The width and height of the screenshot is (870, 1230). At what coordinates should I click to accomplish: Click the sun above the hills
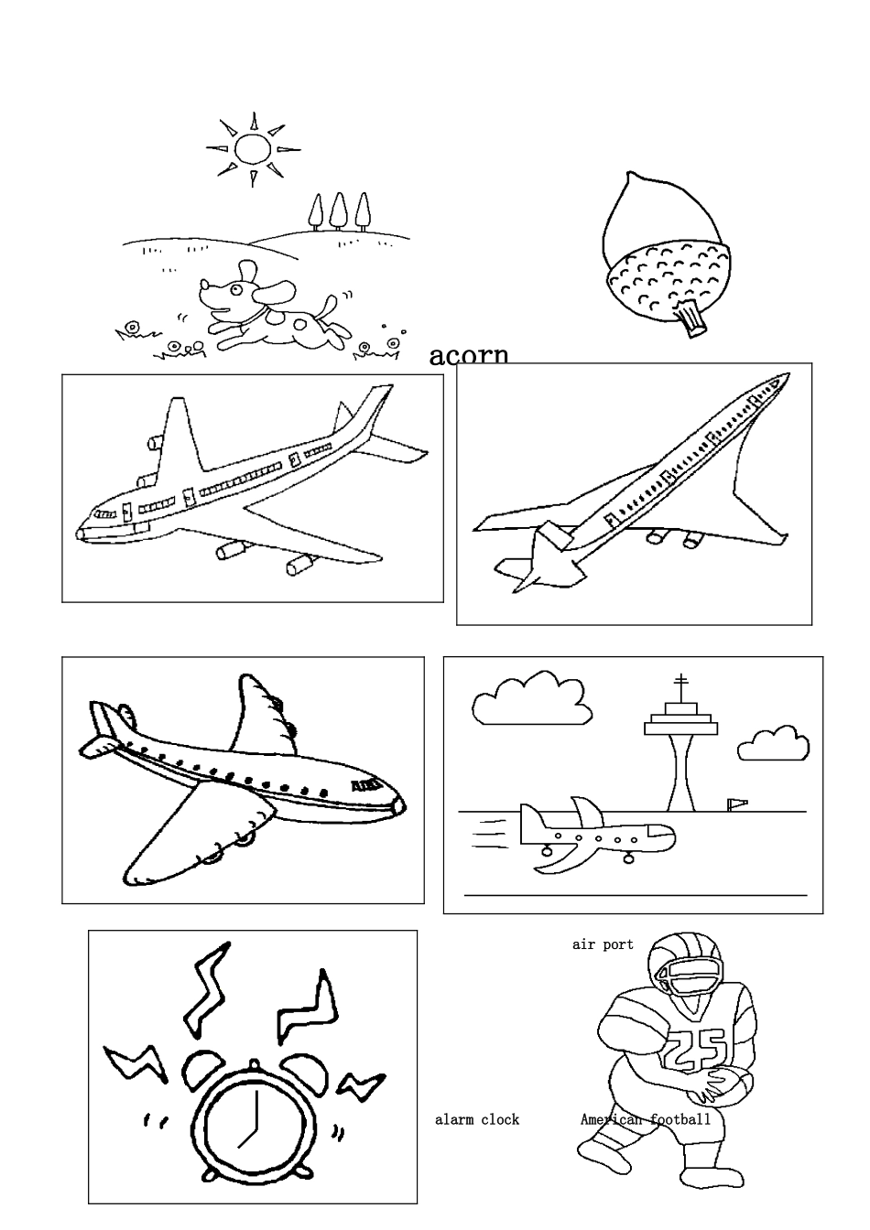pyautogui.click(x=252, y=148)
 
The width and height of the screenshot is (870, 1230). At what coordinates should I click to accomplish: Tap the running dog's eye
pyautogui.click(x=235, y=290)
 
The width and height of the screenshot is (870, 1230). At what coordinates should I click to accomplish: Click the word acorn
pyautogui.click(x=469, y=354)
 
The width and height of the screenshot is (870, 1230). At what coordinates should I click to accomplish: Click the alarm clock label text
pyautogui.click(x=476, y=1119)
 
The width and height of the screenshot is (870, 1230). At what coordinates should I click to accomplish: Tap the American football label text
pyautogui.click(x=646, y=1119)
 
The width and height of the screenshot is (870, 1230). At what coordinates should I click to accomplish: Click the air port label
pyautogui.click(x=603, y=944)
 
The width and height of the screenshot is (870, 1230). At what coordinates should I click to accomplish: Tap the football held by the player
pyautogui.click(x=725, y=1085)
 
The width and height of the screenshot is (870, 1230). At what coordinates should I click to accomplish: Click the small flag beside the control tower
pyautogui.click(x=736, y=804)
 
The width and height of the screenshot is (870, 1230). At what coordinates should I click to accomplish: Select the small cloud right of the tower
pyautogui.click(x=775, y=745)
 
